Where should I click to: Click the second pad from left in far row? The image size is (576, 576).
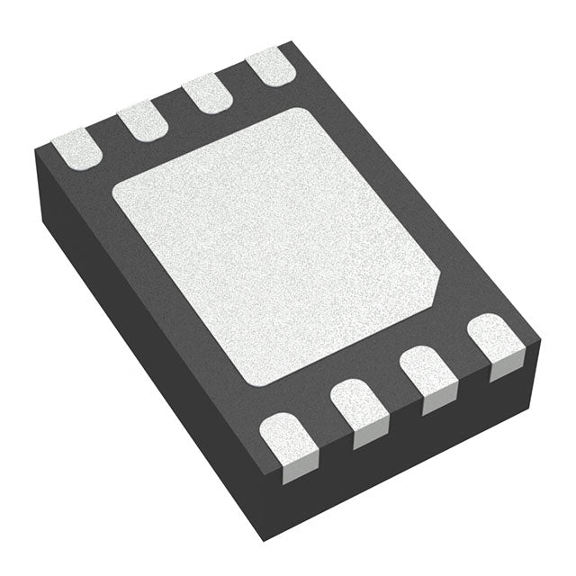[142, 121]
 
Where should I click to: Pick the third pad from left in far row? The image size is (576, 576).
[205, 94]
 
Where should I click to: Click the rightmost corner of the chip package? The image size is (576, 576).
[541, 341]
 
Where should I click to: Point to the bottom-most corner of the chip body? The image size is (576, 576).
[261, 541]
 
